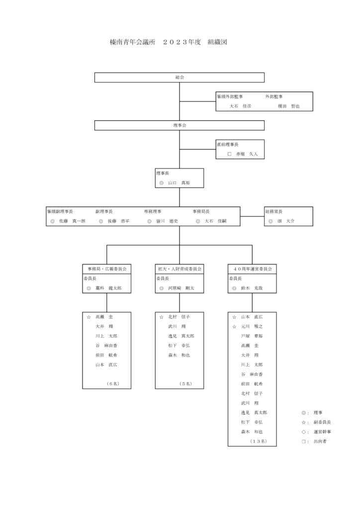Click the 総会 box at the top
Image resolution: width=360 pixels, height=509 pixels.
click(x=180, y=78)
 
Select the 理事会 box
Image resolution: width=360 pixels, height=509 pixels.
click(x=180, y=126)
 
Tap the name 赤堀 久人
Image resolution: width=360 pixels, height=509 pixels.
click(x=247, y=154)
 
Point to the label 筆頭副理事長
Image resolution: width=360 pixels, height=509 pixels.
click(x=60, y=211)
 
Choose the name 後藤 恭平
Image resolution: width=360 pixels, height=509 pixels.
click(x=118, y=221)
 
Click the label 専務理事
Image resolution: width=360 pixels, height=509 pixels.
click(x=153, y=211)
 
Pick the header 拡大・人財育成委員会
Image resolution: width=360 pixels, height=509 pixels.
click(x=180, y=269)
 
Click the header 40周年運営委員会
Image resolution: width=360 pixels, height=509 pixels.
click(x=253, y=269)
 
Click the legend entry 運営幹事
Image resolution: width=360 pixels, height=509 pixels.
click(x=322, y=431)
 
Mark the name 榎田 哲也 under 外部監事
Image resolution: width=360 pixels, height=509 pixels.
click(x=289, y=106)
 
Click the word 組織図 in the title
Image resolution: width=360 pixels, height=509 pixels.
click(x=217, y=42)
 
